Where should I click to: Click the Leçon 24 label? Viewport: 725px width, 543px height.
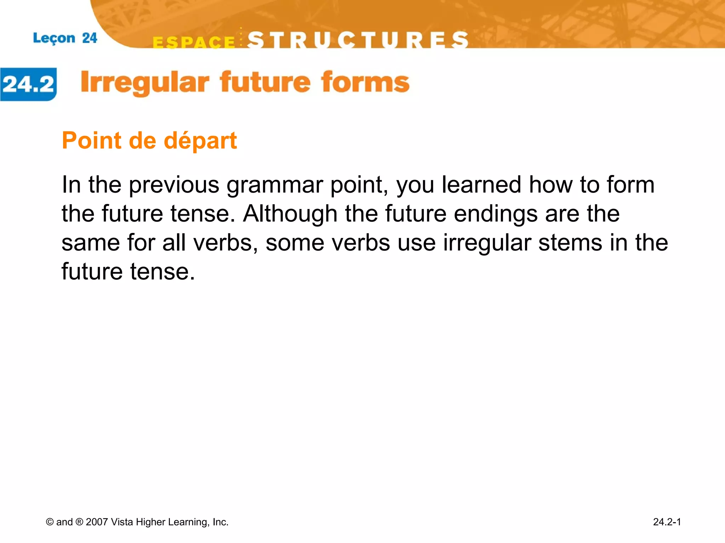point(65,38)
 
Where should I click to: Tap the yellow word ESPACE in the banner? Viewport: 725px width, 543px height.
point(194,42)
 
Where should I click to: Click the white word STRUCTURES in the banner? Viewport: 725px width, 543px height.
point(358,40)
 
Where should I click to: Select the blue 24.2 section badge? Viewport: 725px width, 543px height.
point(28,84)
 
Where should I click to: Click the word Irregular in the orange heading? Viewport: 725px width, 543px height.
point(145,83)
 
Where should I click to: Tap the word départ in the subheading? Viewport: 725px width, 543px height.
point(200,141)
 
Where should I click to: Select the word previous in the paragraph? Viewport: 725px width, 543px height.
point(174,185)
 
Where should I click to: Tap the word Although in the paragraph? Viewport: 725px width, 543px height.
point(290,214)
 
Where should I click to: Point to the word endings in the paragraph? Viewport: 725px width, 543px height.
point(496,215)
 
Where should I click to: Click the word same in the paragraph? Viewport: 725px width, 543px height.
point(91,243)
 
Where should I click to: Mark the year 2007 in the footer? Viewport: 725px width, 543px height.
point(97,522)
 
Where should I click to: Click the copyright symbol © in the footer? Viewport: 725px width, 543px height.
point(50,522)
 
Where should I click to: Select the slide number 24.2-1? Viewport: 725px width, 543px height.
point(667,522)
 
